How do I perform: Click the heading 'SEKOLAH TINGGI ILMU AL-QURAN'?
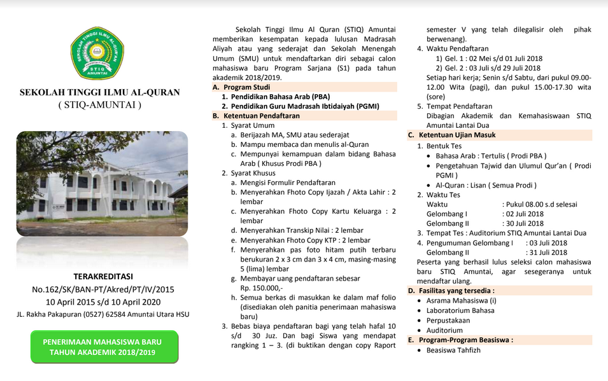pyautogui.click(x=99, y=92)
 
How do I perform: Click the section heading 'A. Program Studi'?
pyautogui.click(x=241, y=87)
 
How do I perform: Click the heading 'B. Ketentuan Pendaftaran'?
pyautogui.click(x=256, y=116)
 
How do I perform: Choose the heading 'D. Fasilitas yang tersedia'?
pyautogui.click(x=454, y=290)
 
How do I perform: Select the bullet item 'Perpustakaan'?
pyautogui.click(x=448, y=320)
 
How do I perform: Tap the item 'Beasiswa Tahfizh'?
pyautogui.click(x=454, y=350)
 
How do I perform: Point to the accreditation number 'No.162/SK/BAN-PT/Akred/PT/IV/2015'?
pyautogui.click(x=103, y=289)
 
